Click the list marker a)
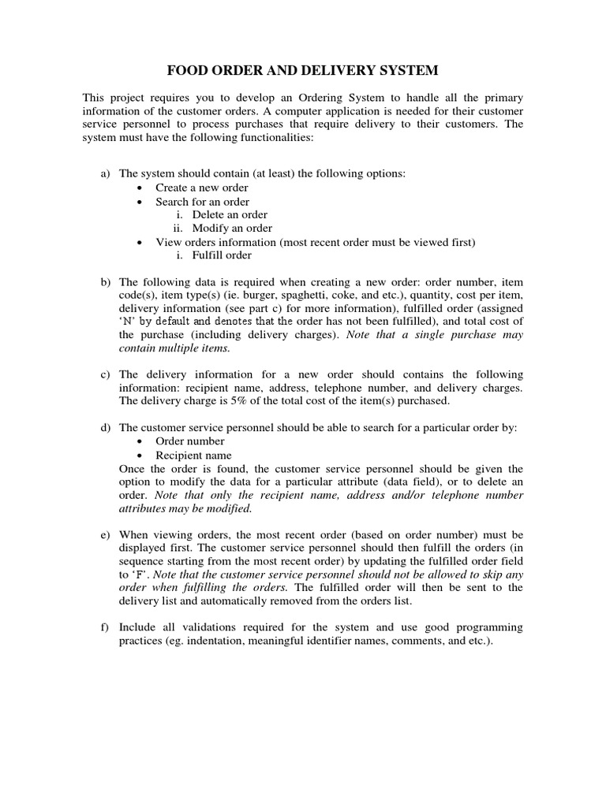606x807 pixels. (105, 173)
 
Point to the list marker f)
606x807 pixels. (105, 627)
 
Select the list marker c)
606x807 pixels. (105, 374)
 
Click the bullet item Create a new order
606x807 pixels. (201, 188)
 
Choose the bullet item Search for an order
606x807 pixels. (203, 201)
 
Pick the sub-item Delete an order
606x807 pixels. (230, 214)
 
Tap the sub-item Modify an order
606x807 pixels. (231, 228)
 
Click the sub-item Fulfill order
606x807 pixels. (223, 255)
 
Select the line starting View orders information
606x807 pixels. (315, 241)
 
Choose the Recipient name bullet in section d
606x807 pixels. (193, 455)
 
